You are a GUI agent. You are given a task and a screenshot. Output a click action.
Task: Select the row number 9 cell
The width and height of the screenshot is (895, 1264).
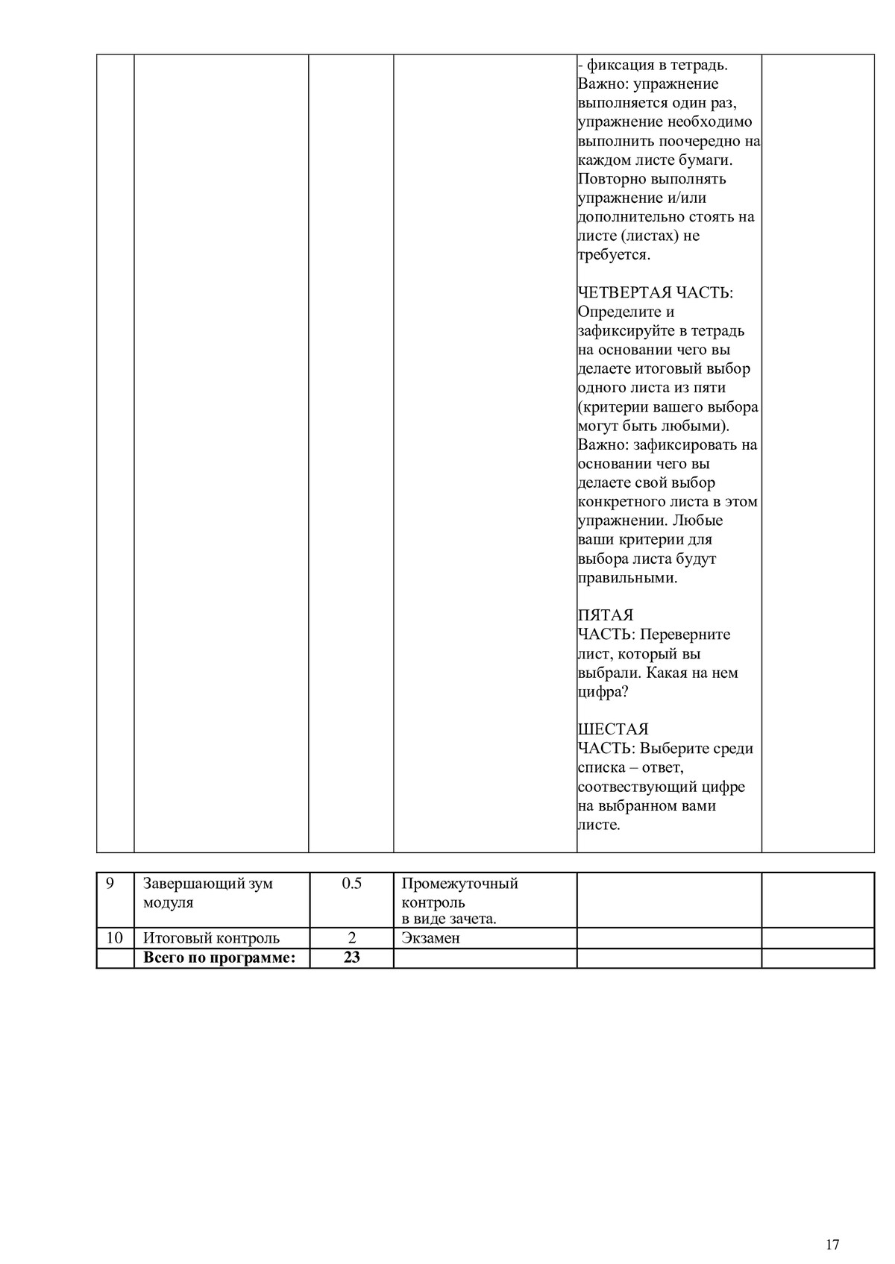[x=110, y=884]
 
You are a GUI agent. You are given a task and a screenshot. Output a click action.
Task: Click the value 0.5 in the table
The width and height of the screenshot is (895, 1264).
[x=351, y=884]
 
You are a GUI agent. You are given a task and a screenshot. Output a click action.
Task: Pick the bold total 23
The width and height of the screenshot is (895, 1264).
[x=351, y=958]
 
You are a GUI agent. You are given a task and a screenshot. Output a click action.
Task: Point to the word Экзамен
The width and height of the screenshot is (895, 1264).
[x=430, y=938]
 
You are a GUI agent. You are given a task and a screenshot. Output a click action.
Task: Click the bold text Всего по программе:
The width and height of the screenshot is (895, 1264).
[x=219, y=958]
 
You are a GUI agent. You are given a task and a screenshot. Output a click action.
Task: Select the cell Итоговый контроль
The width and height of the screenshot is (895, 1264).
[x=211, y=938]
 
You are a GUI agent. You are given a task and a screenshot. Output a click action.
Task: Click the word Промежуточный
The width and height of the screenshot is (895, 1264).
[x=459, y=884]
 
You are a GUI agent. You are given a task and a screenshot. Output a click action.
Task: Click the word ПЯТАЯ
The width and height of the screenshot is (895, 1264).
[x=605, y=615]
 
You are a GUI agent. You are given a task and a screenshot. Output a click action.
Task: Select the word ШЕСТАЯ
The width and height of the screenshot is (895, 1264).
[x=613, y=729]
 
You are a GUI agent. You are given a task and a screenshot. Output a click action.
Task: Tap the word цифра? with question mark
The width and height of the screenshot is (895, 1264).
[x=603, y=692]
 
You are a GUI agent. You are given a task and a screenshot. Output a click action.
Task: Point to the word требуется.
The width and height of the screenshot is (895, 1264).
[x=614, y=255]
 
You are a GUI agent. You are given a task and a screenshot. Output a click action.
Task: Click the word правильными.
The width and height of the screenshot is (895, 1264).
[x=627, y=578]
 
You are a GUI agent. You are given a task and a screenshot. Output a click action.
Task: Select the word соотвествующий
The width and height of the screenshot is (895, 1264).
[x=638, y=787]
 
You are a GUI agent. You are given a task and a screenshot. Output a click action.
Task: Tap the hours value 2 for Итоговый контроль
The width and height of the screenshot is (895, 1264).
[x=351, y=938]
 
